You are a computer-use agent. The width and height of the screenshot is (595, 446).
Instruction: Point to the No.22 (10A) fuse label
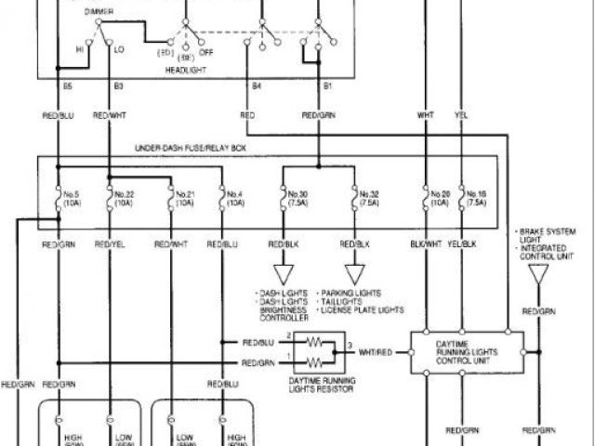click(126, 200)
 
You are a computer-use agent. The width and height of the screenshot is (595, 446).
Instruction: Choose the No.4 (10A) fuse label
click(235, 200)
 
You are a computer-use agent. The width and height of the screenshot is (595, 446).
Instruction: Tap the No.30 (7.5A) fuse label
click(297, 200)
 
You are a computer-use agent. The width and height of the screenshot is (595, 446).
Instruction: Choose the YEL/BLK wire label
click(462, 244)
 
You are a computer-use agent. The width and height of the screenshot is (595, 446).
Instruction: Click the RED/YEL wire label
click(110, 244)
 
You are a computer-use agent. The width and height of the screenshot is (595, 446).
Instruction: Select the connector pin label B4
click(257, 86)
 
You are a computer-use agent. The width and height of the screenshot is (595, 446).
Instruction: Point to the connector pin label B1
click(327, 86)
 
